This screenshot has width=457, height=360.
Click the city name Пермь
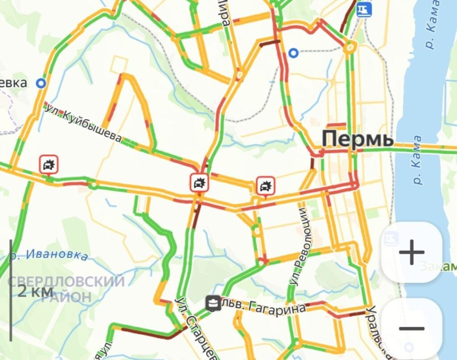[x=357, y=139]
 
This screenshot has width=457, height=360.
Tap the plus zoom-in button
[x=411, y=252]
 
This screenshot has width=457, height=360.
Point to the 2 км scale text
[x=36, y=291]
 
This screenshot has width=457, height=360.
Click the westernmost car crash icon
[x=49, y=164]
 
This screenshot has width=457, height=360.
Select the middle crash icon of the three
[x=199, y=182]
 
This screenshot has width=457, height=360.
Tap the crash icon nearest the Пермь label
[x=266, y=185]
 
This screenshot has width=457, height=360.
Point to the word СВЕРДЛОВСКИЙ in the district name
[x=66, y=281]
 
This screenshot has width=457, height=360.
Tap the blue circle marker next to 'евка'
[x=42, y=83]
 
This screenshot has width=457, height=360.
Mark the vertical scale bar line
[x=11, y=290]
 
